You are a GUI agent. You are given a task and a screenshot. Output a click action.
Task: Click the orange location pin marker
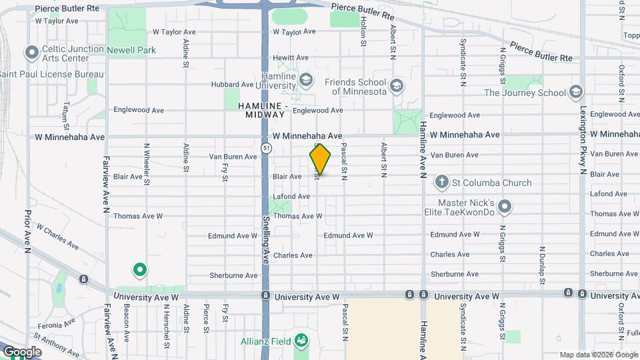coord(320,159)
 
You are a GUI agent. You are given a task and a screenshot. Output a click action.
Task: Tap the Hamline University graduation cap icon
coord(306,81)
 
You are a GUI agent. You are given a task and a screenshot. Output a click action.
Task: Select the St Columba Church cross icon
coord(441,182)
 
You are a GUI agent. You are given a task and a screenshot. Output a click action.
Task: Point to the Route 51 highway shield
coord(266,147)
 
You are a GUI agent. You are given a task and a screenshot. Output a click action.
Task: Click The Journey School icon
coord(577,93)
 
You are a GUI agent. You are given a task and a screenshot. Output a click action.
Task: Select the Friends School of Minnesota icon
coord(397,86)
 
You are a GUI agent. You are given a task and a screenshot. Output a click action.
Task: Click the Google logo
coord(22,351)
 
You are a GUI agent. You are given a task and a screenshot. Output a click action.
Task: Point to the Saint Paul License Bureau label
coord(52,73)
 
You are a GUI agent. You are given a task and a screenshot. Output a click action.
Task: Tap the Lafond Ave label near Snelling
coord(291,197)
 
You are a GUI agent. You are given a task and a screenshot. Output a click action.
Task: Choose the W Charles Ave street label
coord(57,237)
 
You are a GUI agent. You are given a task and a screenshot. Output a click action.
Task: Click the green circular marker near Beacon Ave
coord(140,271)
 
